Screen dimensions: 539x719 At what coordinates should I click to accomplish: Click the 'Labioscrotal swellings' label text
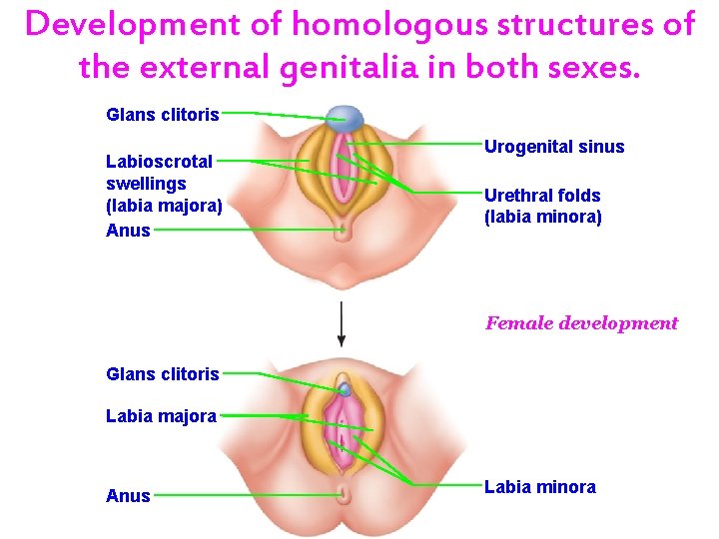pos(159,172)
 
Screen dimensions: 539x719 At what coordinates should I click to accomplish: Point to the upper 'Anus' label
pos(128,231)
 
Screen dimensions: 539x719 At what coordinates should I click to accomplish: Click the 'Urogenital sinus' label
pos(554,148)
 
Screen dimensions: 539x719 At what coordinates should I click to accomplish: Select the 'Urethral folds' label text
pos(542,196)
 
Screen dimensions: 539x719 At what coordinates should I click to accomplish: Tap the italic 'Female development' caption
pos(581,323)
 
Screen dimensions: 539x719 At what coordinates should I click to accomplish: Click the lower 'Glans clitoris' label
pos(162,374)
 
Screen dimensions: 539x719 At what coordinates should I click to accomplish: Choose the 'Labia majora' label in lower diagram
pos(161,416)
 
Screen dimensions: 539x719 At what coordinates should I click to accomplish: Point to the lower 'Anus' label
pos(128,496)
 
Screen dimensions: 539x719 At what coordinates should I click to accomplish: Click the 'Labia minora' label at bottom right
pos(539,487)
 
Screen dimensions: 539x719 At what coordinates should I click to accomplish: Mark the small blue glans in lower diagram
pos(345,387)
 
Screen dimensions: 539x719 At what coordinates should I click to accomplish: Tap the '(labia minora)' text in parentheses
pos(542,216)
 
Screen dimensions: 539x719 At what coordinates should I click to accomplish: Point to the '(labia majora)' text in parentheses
pos(164,207)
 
